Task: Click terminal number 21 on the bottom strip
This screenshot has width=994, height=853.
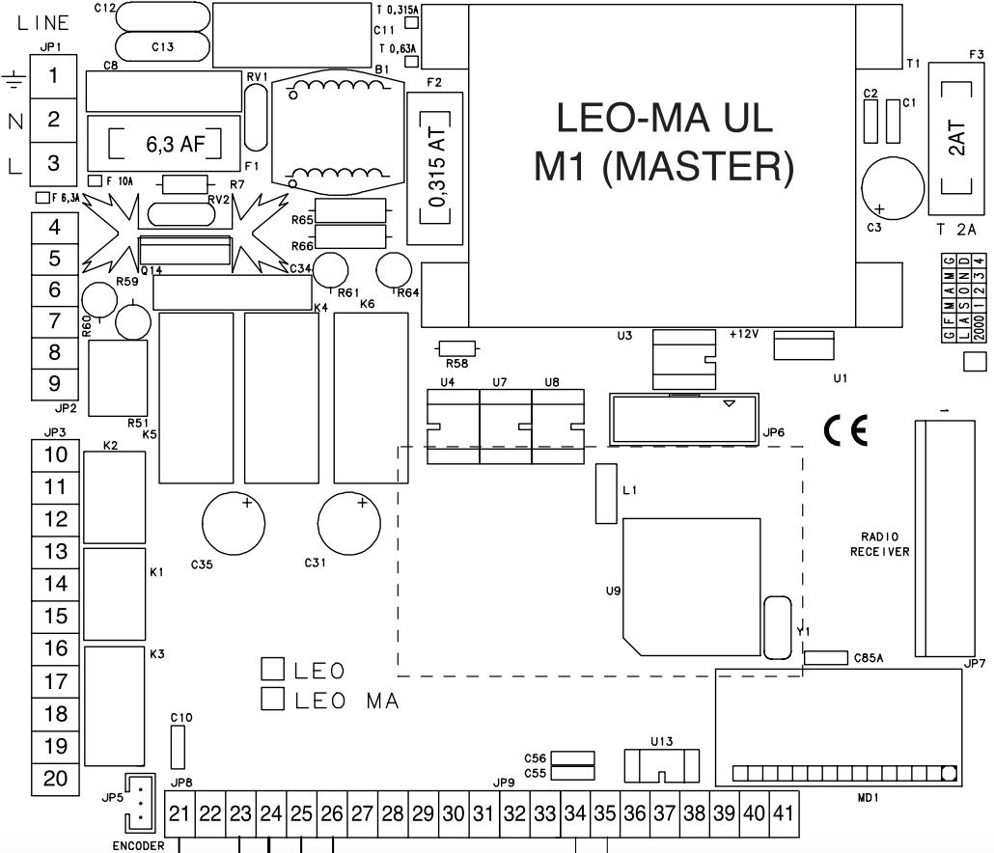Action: click(179, 814)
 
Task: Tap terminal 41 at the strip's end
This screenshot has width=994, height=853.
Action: click(782, 813)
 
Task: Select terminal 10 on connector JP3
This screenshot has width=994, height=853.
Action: click(56, 454)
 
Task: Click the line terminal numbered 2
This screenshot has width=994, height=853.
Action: click(54, 120)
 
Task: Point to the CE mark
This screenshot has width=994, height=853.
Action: click(846, 430)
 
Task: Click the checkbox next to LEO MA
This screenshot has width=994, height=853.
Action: click(273, 700)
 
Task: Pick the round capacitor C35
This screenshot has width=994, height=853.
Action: click(234, 523)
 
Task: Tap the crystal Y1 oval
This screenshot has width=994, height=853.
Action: click(776, 627)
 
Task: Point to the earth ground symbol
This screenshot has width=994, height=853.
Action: click(14, 80)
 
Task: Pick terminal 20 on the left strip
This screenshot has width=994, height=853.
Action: click(56, 778)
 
